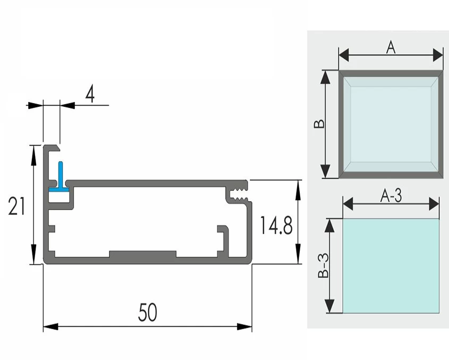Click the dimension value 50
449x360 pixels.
(x=147, y=312)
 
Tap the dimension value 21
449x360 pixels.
(x=16, y=205)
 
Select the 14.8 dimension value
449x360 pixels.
(x=276, y=227)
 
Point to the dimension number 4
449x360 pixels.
(x=90, y=95)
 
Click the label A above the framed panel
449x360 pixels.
(x=391, y=48)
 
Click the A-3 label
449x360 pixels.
(x=391, y=195)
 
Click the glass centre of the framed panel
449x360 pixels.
(x=391, y=124)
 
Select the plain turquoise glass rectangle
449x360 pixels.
(x=391, y=265)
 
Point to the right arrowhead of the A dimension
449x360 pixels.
(x=438, y=55)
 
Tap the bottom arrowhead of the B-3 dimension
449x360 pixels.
(x=331, y=306)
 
